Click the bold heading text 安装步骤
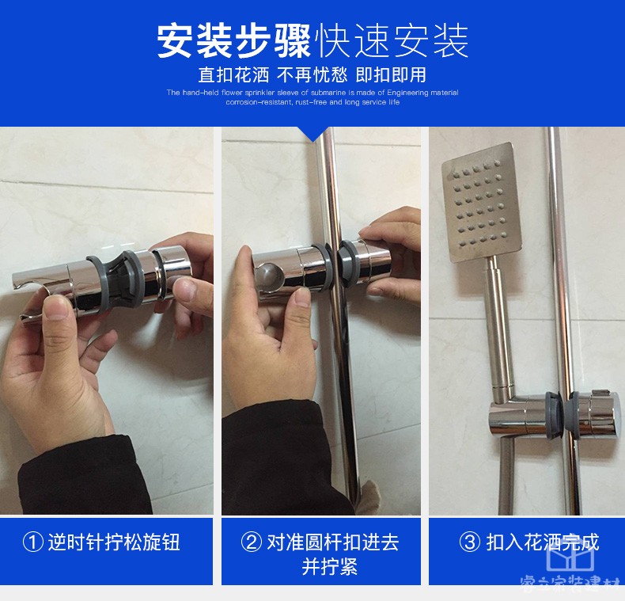(x=233, y=41)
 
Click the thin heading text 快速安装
(x=391, y=41)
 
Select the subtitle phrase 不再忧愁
(x=312, y=75)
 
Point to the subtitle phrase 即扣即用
(x=391, y=75)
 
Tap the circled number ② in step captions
(x=251, y=542)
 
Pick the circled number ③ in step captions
(x=470, y=542)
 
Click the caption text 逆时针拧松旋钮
(x=114, y=542)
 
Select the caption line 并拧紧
(x=330, y=567)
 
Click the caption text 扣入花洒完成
(x=542, y=542)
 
